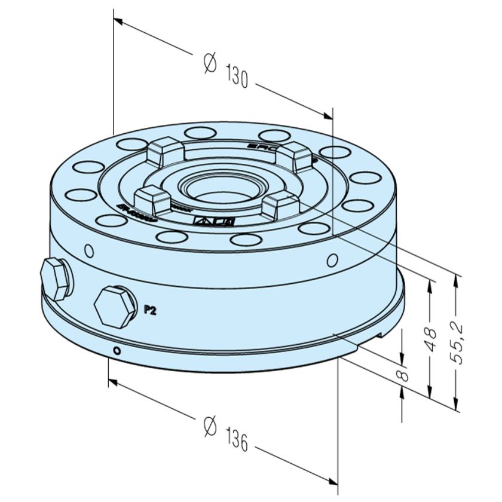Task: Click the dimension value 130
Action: pos(237,77)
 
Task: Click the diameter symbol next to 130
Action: pos(209,62)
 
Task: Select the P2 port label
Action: pos(150,310)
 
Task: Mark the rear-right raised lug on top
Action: pos(297,157)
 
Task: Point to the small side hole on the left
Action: pos(89,249)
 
